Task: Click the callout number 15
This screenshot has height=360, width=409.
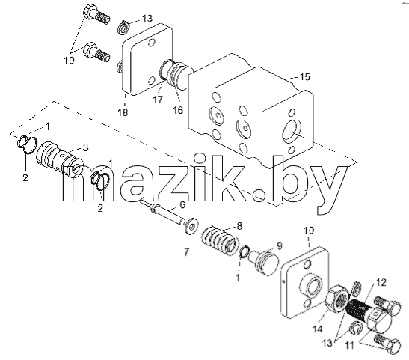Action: click(x=304, y=77)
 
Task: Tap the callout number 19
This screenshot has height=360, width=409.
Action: click(x=69, y=61)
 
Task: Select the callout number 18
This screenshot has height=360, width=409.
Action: click(x=123, y=112)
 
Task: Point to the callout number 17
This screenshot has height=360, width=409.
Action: click(x=158, y=100)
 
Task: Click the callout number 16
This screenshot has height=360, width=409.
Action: click(x=178, y=110)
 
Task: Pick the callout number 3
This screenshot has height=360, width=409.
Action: click(x=85, y=147)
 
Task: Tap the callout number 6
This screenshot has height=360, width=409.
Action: click(x=182, y=205)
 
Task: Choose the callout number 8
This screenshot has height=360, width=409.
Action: click(x=240, y=226)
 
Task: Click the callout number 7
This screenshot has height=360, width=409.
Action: click(x=186, y=252)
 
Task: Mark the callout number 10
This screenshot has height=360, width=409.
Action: click(x=309, y=231)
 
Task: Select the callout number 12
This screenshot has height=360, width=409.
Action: click(x=381, y=282)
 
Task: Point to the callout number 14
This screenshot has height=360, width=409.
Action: click(x=318, y=329)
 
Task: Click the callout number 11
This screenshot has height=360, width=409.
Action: click(x=349, y=345)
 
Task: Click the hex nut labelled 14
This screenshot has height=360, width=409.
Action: click(x=337, y=299)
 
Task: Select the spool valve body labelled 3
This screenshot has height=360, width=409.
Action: click(x=60, y=159)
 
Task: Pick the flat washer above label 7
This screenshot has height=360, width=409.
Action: click(x=191, y=225)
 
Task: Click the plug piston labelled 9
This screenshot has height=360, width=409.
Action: click(x=263, y=262)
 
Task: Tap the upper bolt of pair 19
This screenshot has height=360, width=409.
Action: click(x=96, y=15)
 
